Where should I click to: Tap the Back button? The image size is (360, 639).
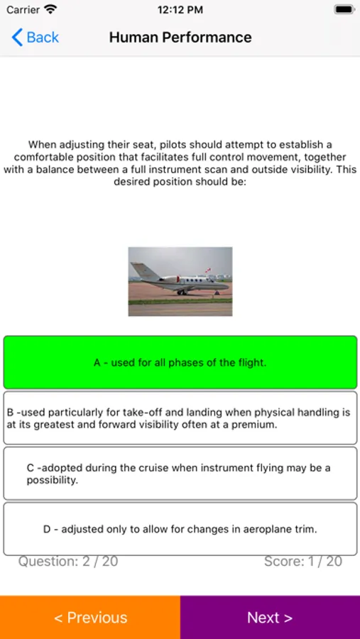[36, 37]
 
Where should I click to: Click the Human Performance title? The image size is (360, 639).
[180, 37]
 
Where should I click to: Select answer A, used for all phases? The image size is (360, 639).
[180, 362]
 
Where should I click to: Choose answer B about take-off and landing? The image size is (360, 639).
[180, 418]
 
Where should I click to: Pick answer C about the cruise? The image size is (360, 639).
[180, 474]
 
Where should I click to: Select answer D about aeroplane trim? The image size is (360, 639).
[180, 529]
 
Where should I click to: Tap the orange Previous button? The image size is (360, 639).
[90, 617]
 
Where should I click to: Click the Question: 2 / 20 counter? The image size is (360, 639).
[68, 562]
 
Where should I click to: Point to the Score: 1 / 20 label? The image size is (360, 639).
[302, 562]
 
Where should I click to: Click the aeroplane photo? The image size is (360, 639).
[180, 281]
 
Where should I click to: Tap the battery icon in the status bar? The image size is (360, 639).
[344, 10]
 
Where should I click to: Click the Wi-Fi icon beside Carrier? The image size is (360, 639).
[50, 10]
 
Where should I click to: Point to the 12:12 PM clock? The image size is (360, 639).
[180, 10]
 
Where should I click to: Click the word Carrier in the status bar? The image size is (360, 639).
[23, 10]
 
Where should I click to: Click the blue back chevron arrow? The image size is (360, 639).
[17, 37]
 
